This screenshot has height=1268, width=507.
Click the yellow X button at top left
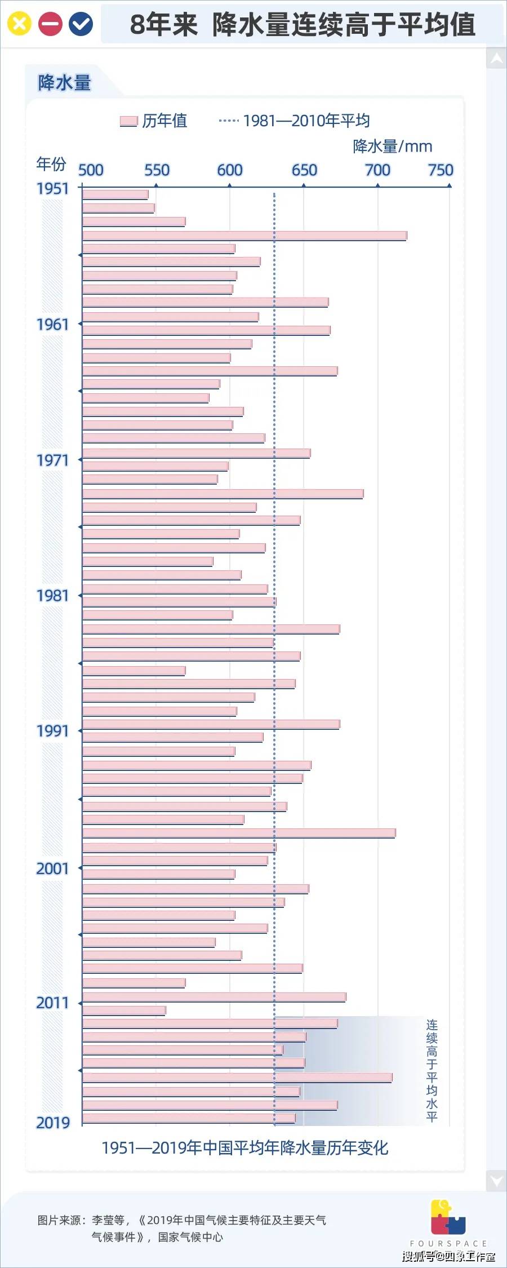coord(19,24)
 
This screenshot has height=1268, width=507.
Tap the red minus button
coord(50,24)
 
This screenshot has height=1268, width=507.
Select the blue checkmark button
coord(81,24)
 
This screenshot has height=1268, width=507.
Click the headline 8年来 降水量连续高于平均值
coord(303,25)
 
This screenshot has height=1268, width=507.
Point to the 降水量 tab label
coord(64,83)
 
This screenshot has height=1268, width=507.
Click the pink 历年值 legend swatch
coord(128,121)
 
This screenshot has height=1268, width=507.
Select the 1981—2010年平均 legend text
coord(306,121)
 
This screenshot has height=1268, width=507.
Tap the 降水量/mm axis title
coord(393,147)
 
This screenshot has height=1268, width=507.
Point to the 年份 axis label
coord(51,164)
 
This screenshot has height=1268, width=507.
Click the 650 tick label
coord(304,170)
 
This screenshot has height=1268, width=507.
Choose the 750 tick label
coord(441,170)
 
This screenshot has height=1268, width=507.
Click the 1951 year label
coord(52,189)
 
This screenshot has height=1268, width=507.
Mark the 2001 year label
coord(52,868)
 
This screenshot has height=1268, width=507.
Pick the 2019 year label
coord(52,1123)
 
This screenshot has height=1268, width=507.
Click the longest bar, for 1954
coord(244,236)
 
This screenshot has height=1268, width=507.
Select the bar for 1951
coord(115,194)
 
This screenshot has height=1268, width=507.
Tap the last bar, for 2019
coord(189,1118)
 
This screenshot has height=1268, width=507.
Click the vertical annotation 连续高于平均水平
coord(432,1070)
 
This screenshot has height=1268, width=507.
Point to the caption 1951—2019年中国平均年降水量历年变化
coord(245,1147)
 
